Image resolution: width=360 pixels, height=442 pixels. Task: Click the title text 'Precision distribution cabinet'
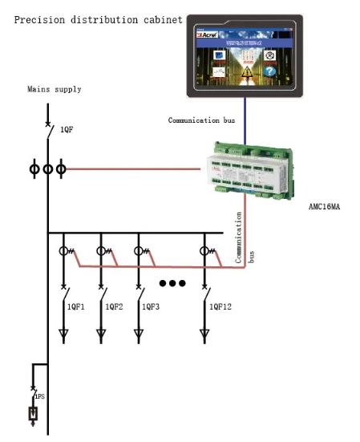[x=98, y=19]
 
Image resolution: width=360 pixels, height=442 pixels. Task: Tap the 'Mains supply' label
[x=54, y=89]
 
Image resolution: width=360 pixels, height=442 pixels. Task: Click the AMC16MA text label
[x=327, y=206]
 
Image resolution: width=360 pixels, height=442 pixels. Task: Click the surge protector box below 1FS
[x=33, y=414]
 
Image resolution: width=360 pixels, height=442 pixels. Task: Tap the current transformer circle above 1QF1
[x=64, y=251]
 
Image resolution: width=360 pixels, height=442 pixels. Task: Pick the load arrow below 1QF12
[x=204, y=333]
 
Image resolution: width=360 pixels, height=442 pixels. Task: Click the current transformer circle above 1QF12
[x=204, y=251]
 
